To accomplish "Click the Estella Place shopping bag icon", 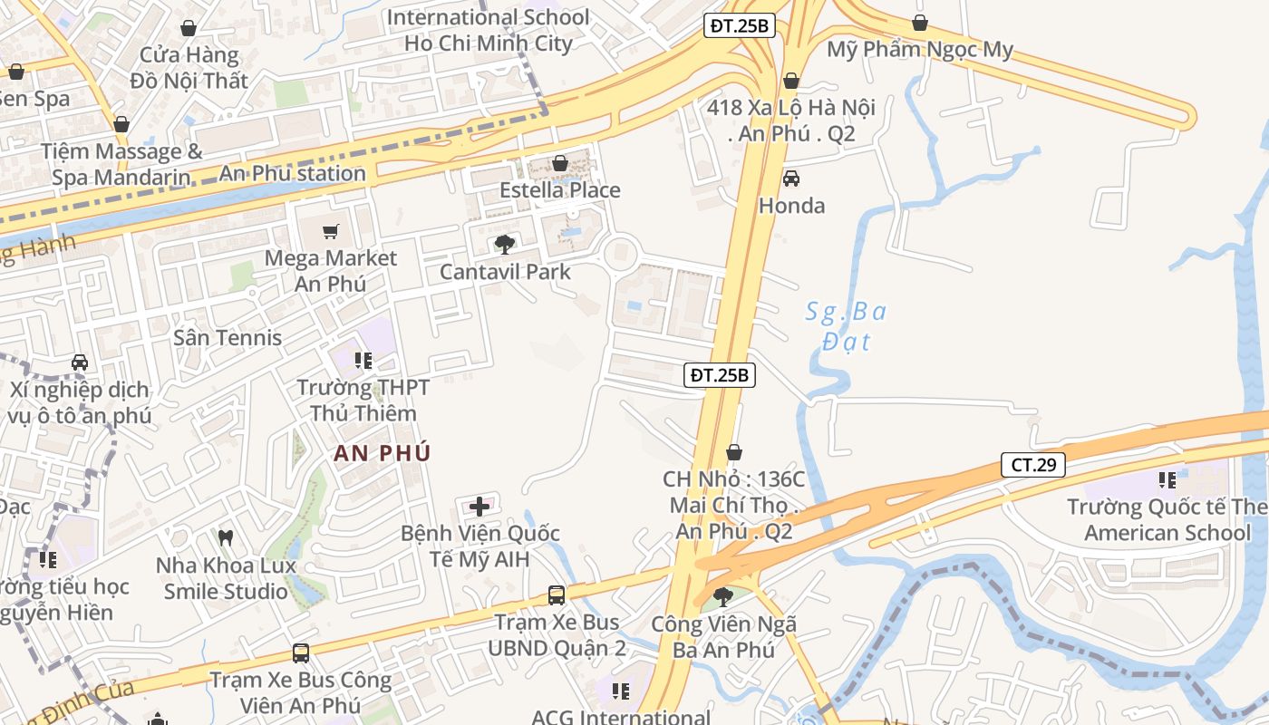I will [560, 163].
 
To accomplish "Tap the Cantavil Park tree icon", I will [505, 244].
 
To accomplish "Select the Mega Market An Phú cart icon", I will [331, 231].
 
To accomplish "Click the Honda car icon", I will [791, 179].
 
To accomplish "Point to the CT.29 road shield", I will [1032, 465].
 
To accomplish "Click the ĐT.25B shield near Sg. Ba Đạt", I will [719, 374].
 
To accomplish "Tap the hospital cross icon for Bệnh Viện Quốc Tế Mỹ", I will [480, 506].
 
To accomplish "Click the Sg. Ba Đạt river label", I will [847, 326].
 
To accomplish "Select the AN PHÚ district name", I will [382, 453].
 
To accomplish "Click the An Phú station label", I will [293, 173].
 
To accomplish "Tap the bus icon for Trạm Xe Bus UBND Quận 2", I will [557, 595].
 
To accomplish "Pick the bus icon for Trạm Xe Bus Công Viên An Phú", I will [301, 652].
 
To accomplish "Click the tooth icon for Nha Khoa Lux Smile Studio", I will [227, 537].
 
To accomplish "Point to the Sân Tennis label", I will [228, 337].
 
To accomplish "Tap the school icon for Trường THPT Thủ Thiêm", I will [363, 361].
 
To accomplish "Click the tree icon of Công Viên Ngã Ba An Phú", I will [723, 595].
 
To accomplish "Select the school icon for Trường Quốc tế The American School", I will [1167, 479].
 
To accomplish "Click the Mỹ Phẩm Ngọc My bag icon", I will [920, 23].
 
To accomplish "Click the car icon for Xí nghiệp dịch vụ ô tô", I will [80, 362].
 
